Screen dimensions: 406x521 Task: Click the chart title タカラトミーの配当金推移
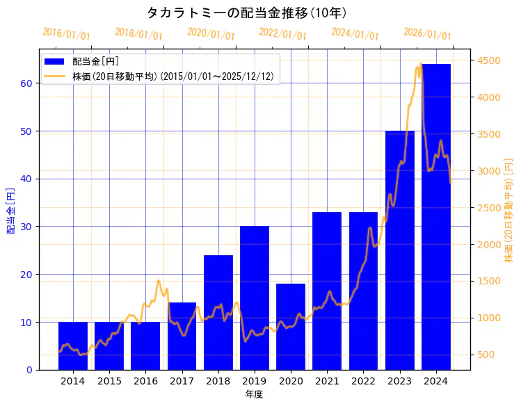coord(247,13)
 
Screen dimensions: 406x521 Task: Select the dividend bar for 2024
coord(436,216)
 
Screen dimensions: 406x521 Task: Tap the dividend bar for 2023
coord(400,250)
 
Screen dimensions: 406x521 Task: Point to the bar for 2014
coord(73,346)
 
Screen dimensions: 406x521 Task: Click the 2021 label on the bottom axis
coord(327,381)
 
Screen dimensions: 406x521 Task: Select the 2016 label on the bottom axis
coord(145,381)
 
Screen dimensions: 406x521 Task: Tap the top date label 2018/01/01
coord(138,33)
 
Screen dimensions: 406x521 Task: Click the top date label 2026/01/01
coord(427,33)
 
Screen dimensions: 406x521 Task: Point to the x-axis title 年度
coord(254,394)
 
